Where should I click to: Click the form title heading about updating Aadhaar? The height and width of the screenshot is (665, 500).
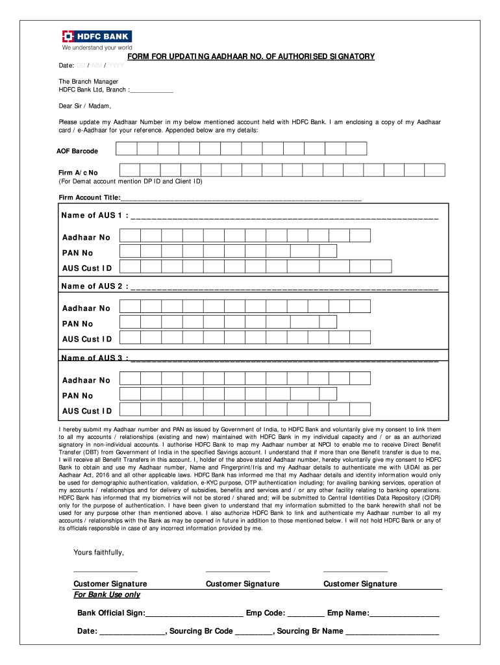click(x=251, y=56)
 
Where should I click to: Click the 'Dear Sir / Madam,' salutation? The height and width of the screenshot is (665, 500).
click(x=85, y=105)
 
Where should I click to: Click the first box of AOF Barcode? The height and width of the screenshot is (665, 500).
click(x=127, y=149)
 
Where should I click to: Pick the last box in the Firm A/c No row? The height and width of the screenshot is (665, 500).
click(x=434, y=170)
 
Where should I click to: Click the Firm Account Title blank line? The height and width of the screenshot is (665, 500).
click(x=241, y=198)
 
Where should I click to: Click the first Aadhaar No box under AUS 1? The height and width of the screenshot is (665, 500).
click(x=131, y=236)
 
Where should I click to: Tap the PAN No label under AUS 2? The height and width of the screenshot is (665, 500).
click(x=78, y=323)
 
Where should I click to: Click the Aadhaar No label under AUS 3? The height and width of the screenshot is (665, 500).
click(x=86, y=381)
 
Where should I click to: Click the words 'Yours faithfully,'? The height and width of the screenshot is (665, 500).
click(x=99, y=553)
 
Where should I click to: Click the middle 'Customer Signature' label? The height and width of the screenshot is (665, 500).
click(x=242, y=584)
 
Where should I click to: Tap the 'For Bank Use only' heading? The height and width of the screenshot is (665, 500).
click(x=107, y=595)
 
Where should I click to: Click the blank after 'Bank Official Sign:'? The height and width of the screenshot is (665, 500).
click(x=195, y=614)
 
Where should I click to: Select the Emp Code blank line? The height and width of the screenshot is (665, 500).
click(x=305, y=614)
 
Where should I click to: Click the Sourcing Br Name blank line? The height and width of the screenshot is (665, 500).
click(x=392, y=631)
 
